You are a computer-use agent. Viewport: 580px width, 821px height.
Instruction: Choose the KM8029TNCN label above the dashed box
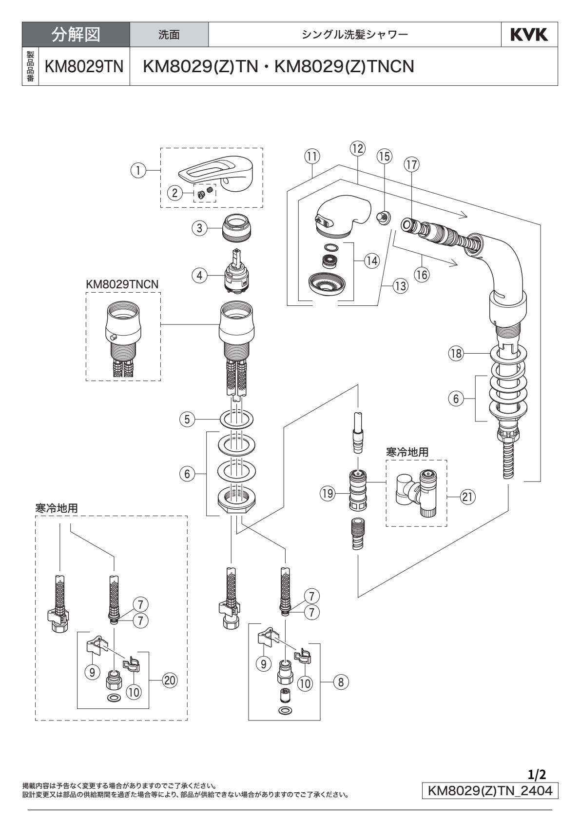(123, 284)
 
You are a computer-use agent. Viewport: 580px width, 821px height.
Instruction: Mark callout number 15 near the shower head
(384, 156)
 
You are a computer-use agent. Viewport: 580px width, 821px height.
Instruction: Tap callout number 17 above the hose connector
(411, 165)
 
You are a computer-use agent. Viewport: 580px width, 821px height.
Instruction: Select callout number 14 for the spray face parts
(372, 261)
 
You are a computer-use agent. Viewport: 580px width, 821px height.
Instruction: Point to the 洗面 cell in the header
(169, 35)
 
